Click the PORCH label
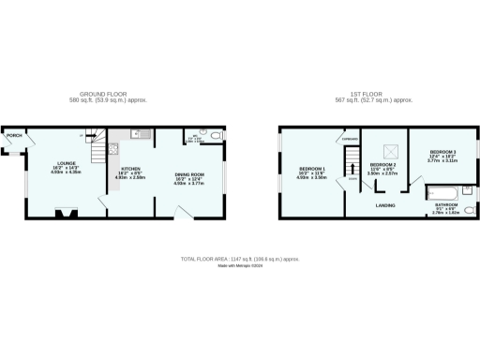pyautogui.click(x=14, y=136)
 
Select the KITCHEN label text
pyautogui.click(x=130, y=169)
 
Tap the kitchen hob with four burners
pyautogui.click(x=113, y=148)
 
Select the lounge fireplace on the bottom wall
pyautogui.click(x=65, y=213)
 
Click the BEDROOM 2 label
pyautogui.click(x=381, y=164)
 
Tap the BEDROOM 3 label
pyautogui.click(x=442, y=152)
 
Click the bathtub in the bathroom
pyautogui.click(x=443, y=193)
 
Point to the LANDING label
pyautogui.click(x=384, y=204)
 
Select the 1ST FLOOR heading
pyautogui.click(x=367, y=94)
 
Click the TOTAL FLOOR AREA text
pyautogui.click(x=239, y=258)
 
